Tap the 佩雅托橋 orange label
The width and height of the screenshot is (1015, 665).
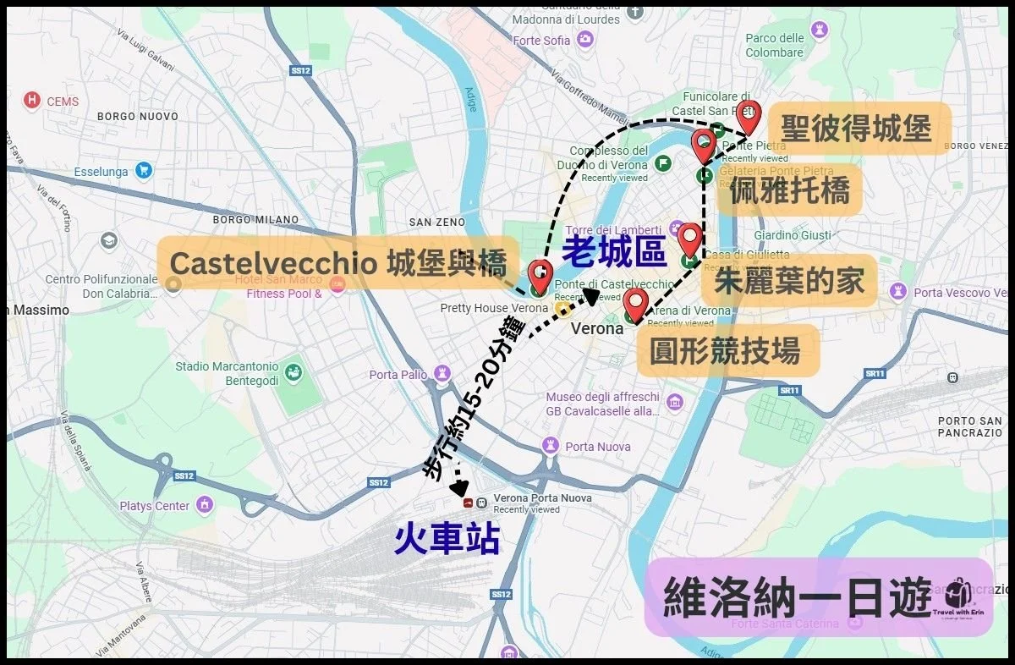[x=788, y=191]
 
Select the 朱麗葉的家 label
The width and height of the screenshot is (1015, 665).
[x=790, y=281]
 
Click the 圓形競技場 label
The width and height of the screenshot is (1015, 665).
[x=725, y=351]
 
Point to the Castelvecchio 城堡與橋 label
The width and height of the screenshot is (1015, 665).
[x=338, y=262]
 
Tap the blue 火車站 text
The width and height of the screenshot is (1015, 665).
[x=447, y=539]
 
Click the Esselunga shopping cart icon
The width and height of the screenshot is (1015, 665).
[x=143, y=171]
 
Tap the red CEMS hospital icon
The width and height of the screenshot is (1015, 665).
[x=33, y=101]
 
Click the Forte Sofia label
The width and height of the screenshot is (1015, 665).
[x=541, y=41]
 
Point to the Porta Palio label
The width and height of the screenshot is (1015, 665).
[x=398, y=375]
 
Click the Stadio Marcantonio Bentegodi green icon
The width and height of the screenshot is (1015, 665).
[x=293, y=372]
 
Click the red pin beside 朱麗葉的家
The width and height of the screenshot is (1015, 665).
[x=689, y=240]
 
